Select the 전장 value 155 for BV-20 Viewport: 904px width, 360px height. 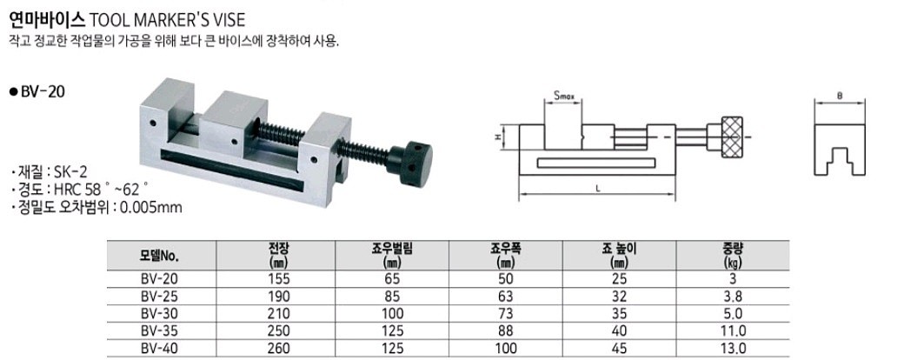(x=279, y=278)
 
